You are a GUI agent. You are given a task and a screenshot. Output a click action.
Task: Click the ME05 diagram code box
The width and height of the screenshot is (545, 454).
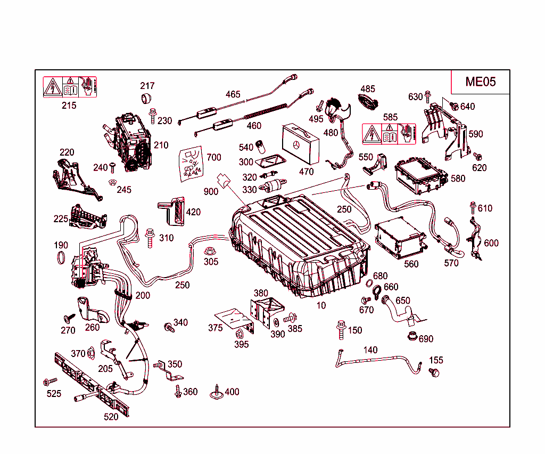tap(480, 82)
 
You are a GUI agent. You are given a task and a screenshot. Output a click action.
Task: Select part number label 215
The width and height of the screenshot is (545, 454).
tap(69, 105)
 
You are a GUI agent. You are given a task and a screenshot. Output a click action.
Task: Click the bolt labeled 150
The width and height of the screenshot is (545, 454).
tap(340, 330)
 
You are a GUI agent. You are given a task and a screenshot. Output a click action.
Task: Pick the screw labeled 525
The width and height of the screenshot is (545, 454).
tap(51, 382)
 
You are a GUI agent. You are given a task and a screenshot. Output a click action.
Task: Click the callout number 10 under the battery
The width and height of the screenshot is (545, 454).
tap(321, 305)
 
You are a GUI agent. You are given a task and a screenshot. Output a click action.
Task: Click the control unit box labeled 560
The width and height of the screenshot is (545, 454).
tap(400, 238)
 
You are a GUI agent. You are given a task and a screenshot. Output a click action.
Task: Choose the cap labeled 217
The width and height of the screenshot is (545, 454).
tap(146, 98)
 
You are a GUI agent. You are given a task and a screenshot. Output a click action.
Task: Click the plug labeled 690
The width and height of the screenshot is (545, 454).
tap(411, 337)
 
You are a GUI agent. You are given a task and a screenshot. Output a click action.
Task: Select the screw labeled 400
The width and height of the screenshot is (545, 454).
tap(217, 392)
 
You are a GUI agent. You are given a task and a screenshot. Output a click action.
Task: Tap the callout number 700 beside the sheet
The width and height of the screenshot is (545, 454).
tap(213, 157)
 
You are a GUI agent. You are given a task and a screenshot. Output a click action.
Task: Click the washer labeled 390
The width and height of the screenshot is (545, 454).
tap(276, 323)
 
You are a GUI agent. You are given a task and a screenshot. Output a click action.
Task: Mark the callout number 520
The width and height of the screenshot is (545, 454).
tap(111, 417)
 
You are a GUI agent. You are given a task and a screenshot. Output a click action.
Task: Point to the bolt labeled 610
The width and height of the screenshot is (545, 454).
tap(472, 208)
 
